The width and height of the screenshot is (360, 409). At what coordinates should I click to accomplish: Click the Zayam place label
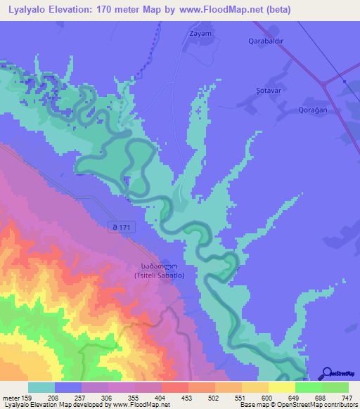point(200,32)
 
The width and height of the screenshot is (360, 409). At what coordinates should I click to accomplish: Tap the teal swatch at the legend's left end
point(41,387)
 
